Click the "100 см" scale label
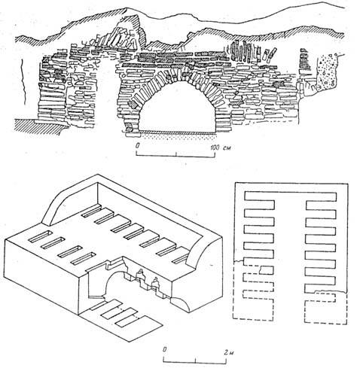click(221, 148)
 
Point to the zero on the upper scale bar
click(138, 146)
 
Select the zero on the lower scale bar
click(165, 349)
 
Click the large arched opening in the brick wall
click(177, 108)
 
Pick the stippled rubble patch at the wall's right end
click(328, 72)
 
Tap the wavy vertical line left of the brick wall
click(23, 82)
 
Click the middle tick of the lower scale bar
click(196, 360)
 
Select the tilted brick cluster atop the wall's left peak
click(122, 38)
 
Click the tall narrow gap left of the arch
click(105, 92)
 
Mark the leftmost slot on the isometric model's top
click(40, 236)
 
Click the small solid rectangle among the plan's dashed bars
click(266, 270)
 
